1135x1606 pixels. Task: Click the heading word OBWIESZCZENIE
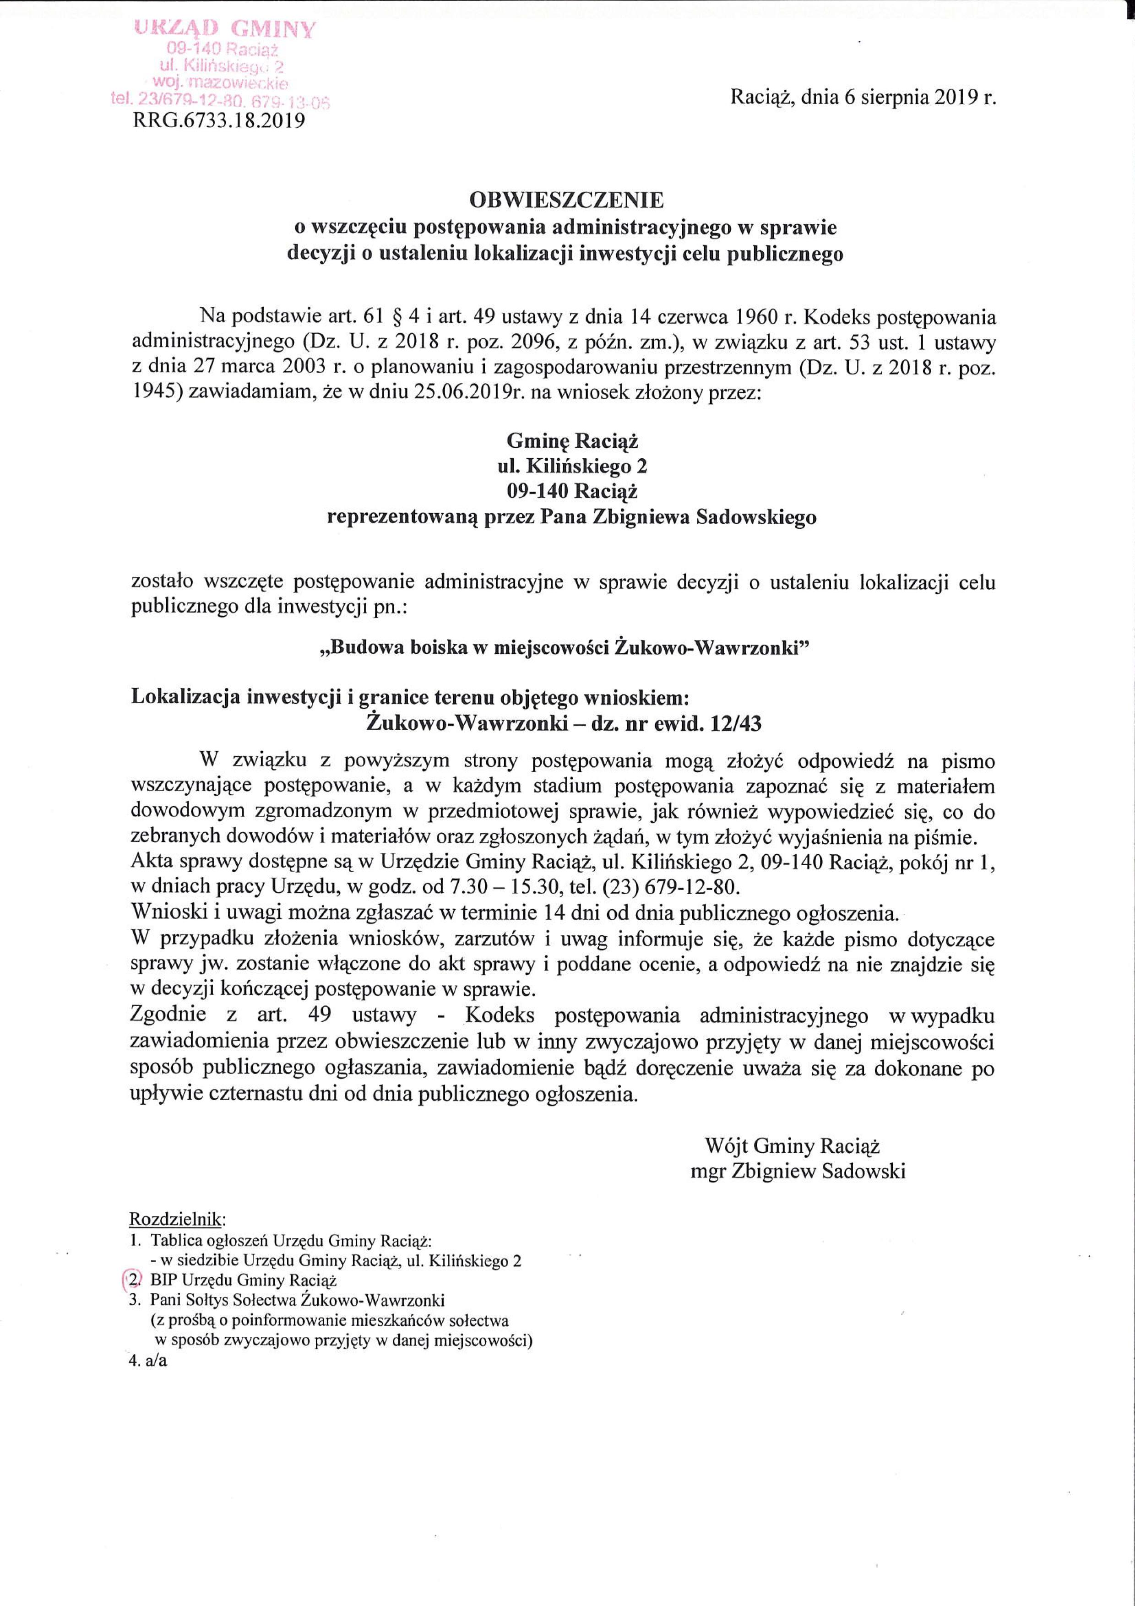tap(566, 201)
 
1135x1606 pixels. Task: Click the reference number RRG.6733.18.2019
tap(219, 121)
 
